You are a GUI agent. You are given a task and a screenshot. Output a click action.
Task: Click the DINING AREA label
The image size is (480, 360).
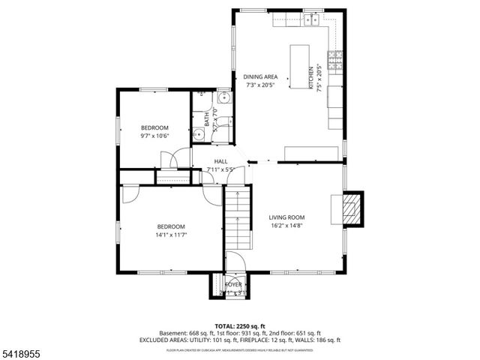260,76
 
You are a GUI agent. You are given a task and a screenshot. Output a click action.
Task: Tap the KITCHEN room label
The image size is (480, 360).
311,77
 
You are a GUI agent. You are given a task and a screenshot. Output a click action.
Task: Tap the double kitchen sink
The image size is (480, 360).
313,21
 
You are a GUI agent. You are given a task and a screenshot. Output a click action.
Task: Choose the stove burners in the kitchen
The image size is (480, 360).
337,57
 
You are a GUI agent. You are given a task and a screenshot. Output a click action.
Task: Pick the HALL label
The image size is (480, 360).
220,161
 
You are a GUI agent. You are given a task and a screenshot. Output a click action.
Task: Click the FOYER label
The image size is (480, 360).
234,285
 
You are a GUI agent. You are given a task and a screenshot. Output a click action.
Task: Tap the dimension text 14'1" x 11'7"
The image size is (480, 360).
170,235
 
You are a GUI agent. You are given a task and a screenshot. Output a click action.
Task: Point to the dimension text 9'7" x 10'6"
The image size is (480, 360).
155,136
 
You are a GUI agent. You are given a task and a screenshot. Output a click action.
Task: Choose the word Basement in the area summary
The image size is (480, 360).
172,333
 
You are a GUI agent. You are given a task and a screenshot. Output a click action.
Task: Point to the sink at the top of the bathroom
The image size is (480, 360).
223,97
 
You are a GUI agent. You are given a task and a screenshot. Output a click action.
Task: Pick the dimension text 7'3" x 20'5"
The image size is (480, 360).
260,85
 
